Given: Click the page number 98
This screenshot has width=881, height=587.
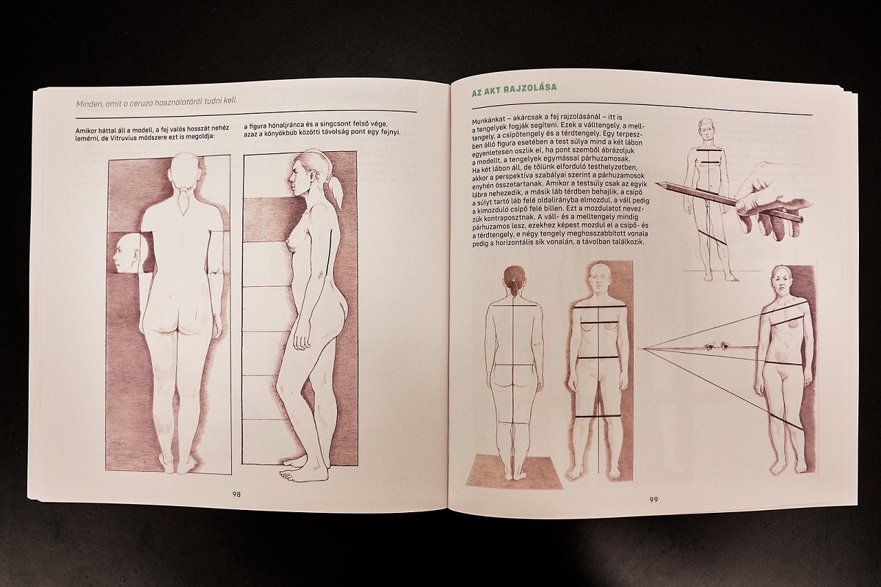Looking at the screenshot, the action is pyautogui.click(x=236, y=495).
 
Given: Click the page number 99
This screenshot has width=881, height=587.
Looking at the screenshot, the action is pyautogui.click(x=653, y=500).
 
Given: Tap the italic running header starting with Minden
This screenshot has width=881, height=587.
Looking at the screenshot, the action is pyautogui.click(x=156, y=101).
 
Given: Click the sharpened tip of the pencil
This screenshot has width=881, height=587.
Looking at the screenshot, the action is pyautogui.click(x=656, y=183).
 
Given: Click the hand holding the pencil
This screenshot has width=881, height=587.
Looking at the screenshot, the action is pyautogui.click(x=767, y=205).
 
